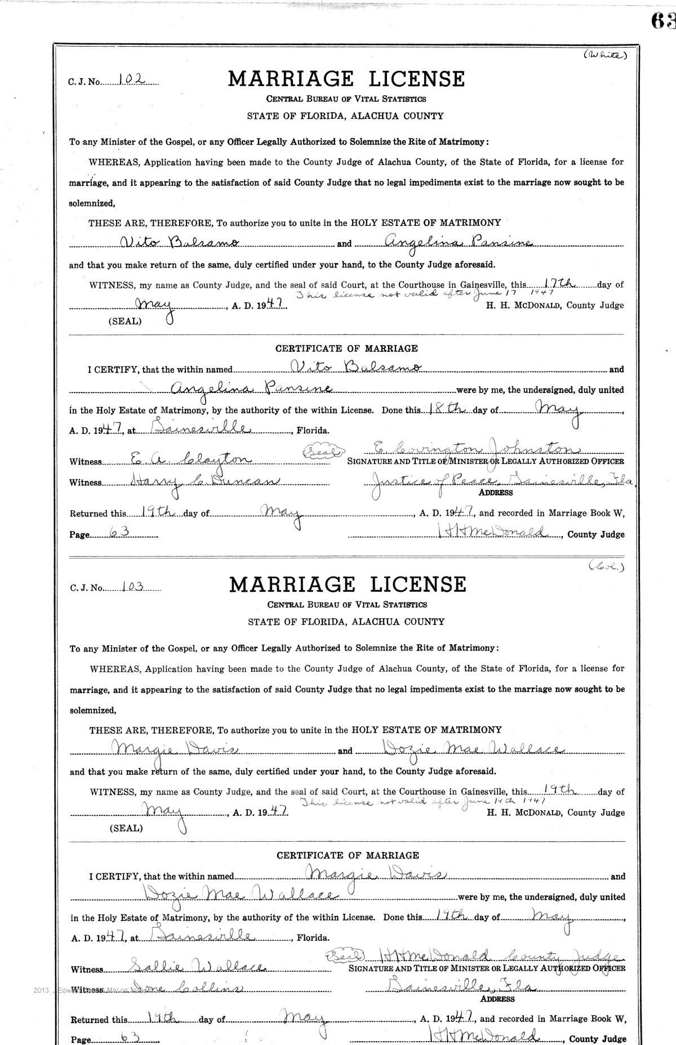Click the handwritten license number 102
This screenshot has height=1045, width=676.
(x=130, y=81)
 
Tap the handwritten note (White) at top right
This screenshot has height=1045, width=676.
(x=604, y=55)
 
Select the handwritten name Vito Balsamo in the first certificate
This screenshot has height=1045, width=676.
(x=357, y=368)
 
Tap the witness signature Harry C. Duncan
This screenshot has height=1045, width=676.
(x=188, y=481)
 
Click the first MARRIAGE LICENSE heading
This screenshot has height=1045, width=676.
(x=346, y=79)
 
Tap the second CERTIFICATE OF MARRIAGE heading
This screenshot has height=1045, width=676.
(x=348, y=855)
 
